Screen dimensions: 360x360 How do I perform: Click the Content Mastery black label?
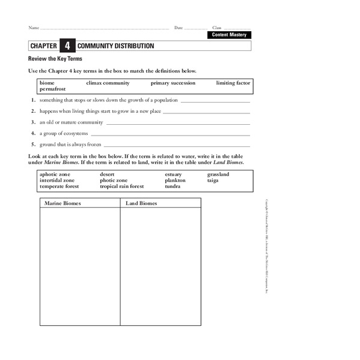(229, 35)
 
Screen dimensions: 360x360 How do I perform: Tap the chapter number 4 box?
(67, 46)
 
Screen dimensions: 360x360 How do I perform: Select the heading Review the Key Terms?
(55, 59)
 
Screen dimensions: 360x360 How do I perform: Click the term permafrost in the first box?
(52, 89)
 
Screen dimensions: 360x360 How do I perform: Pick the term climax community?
(108, 83)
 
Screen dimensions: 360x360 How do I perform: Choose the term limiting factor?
(233, 83)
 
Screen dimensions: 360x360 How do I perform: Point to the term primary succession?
(173, 83)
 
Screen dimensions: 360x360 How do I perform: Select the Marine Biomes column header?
(63, 203)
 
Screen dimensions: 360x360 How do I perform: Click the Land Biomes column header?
(141, 203)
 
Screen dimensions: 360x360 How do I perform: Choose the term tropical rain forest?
(122, 187)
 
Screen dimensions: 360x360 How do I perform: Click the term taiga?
(213, 181)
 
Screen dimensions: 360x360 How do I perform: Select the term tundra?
(172, 187)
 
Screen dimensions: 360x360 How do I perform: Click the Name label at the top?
(34, 28)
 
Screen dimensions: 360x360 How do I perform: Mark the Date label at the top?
(178, 28)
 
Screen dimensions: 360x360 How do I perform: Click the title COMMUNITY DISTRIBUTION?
(115, 46)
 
